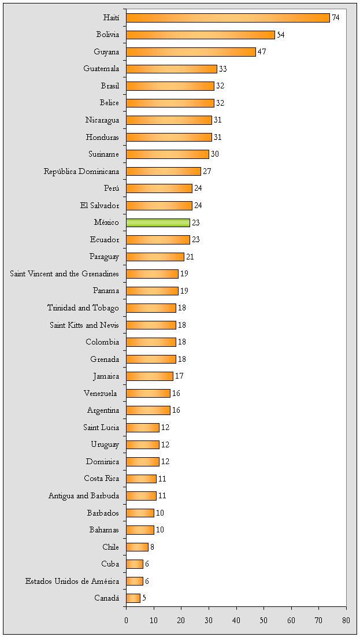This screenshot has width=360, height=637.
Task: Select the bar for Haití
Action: pos(228,18)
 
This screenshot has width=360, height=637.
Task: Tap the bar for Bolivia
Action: pos(200,35)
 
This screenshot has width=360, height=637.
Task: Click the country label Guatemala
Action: pos(101,69)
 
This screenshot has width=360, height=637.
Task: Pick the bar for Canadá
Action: pos(133,598)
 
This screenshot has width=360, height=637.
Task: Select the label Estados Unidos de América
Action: pos(72,581)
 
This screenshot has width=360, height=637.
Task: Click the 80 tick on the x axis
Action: pos(346,620)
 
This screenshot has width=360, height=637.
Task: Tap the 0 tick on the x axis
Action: pos(127,620)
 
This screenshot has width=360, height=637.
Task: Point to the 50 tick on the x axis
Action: pos(263,620)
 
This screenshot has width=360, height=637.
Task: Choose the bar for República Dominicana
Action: pos(164,171)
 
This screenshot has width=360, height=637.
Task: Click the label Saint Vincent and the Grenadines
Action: pos(65,273)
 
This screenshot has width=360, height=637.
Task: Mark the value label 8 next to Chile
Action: pos(152,547)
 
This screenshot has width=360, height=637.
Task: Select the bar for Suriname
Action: pos(168,154)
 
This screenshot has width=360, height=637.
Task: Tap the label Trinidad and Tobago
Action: pos(83,308)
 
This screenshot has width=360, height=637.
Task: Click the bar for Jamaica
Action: pos(150,376)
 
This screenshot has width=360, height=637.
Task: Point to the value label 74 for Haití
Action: pos(336,18)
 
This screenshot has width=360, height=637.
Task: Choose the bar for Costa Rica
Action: pos(142,479)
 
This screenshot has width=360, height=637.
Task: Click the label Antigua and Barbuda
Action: pos(84,495)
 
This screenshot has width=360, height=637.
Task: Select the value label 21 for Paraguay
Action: pos(190,257)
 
